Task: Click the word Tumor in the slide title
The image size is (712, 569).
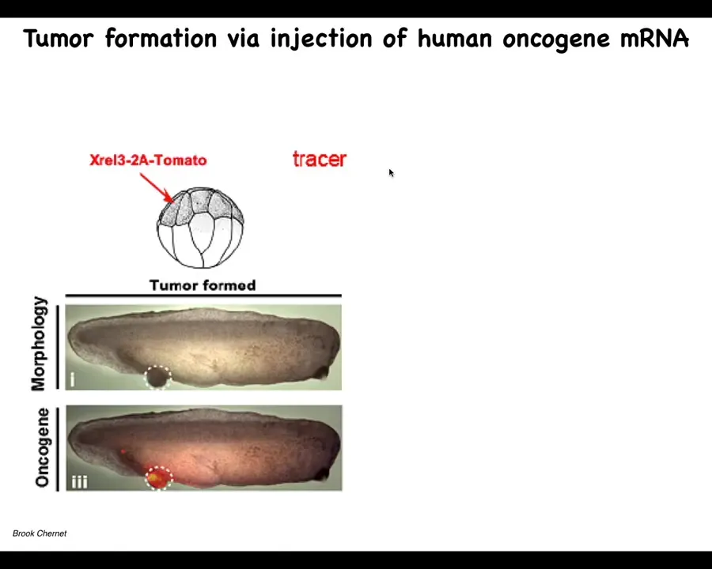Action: click(x=58, y=39)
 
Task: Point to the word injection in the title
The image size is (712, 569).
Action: click(x=320, y=40)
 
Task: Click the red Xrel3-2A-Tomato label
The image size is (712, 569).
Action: click(x=148, y=160)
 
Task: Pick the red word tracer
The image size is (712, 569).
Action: click(x=320, y=159)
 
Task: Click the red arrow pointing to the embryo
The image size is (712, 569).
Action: click(x=157, y=188)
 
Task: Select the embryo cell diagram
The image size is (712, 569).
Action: click(x=200, y=228)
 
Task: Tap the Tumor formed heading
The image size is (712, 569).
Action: click(x=203, y=285)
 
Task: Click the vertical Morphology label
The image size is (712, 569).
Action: click(x=39, y=344)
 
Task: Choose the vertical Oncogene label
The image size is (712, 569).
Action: click(x=42, y=448)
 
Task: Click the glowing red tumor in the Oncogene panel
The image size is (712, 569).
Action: click(x=158, y=478)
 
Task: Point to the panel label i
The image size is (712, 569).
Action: click(x=72, y=380)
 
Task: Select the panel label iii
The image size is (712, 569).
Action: click(x=79, y=481)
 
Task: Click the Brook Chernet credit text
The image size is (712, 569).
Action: click(x=40, y=533)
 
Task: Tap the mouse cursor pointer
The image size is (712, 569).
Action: click(x=392, y=173)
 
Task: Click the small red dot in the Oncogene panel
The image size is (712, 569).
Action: click(x=123, y=451)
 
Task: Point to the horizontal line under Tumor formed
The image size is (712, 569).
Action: click(x=203, y=296)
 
